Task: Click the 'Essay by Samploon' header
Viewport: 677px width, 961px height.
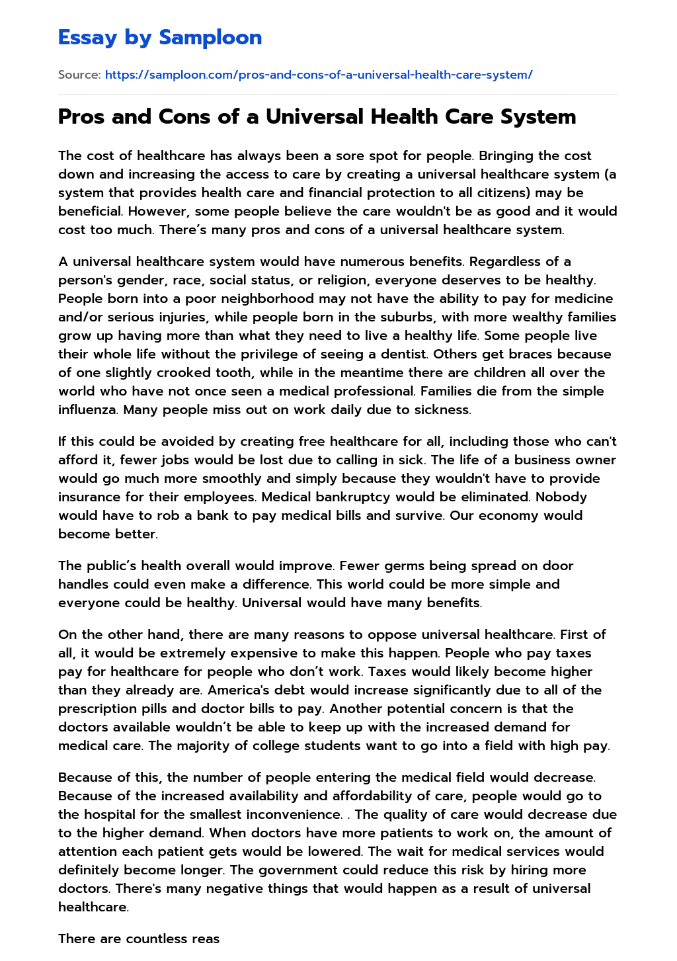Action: [x=160, y=38]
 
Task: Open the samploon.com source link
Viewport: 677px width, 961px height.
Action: [x=318, y=75]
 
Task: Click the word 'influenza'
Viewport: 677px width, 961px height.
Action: [x=88, y=409]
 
